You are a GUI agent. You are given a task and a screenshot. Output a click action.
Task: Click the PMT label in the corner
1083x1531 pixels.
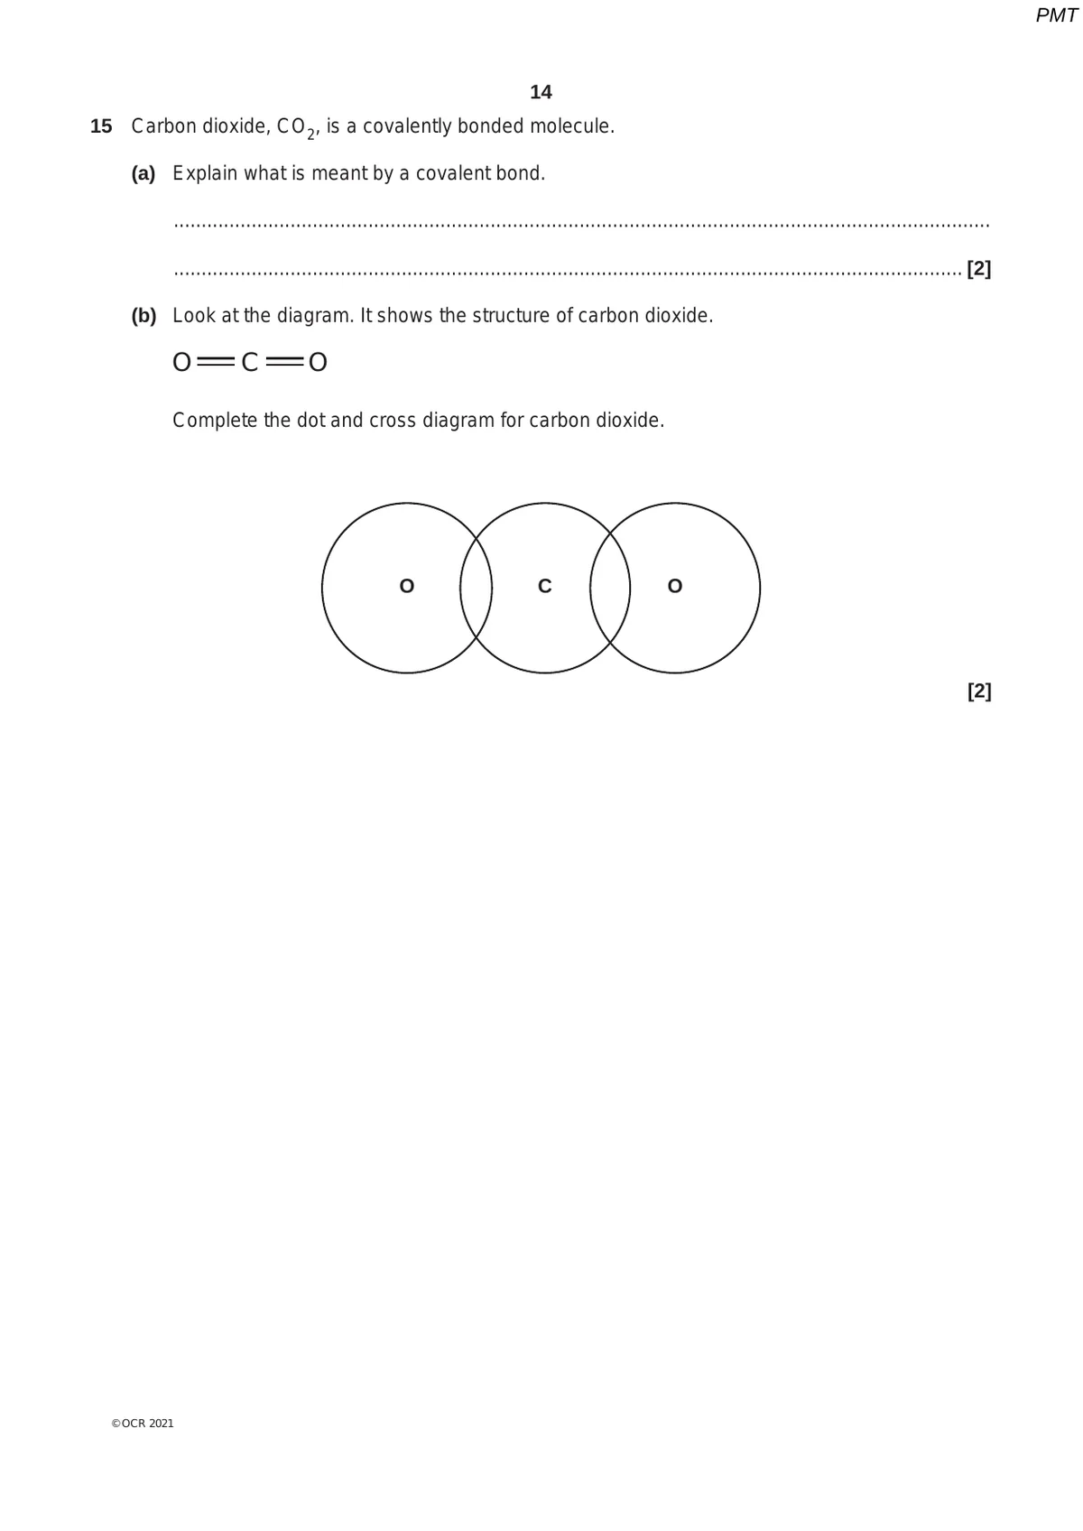(1056, 15)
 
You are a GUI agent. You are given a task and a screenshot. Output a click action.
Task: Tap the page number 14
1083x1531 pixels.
(541, 92)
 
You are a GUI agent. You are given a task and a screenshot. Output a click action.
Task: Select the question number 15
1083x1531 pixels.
(101, 126)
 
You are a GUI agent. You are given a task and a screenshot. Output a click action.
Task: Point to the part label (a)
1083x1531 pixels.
(143, 173)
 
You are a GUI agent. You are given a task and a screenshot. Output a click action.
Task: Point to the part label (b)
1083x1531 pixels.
(143, 316)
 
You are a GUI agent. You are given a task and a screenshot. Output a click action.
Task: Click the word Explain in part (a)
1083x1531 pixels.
(205, 173)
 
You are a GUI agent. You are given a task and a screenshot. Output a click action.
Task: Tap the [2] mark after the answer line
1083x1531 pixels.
(978, 269)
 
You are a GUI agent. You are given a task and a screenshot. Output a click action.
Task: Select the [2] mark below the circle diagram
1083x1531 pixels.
(978, 691)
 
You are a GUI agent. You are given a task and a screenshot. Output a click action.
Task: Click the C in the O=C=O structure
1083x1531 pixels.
(249, 363)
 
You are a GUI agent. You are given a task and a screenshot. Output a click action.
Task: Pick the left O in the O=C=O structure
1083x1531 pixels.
(181, 363)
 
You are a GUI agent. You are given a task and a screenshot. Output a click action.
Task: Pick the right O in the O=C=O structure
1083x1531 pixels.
(318, 363)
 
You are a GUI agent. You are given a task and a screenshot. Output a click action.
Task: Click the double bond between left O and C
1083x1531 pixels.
(216, 363)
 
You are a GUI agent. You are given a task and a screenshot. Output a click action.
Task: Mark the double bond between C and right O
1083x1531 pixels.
(283, 363)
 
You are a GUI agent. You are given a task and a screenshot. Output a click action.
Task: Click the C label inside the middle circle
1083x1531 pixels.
(544, 587)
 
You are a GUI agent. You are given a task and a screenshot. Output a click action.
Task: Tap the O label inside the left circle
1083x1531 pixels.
(406, 587)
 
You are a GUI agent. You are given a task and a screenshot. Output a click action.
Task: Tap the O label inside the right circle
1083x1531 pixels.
(675, 587)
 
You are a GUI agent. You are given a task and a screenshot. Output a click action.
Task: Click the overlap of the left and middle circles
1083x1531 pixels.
(476, 588)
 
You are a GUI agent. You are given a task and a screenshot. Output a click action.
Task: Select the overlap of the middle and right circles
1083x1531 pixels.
(610, 588)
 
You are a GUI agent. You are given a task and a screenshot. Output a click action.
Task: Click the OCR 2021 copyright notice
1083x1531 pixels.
(143, 1424)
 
